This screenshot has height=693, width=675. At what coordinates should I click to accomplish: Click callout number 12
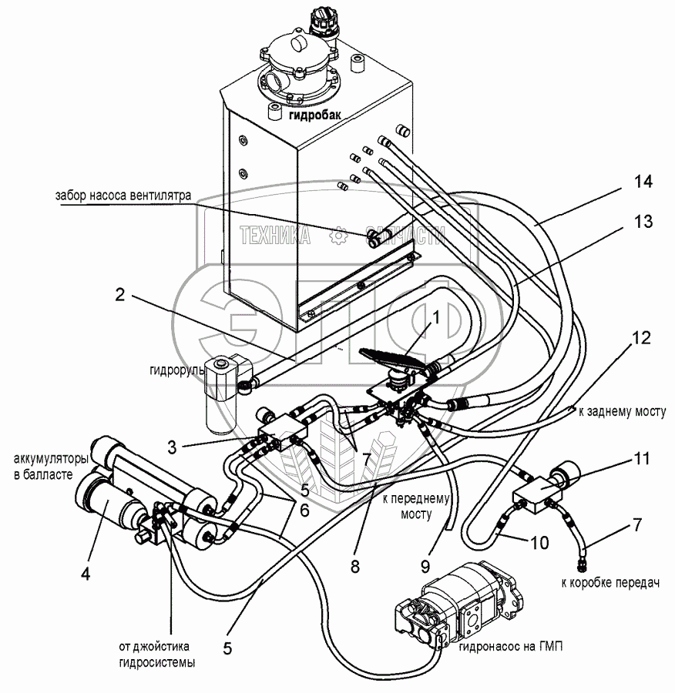642,337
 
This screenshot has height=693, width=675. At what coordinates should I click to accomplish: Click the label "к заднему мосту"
621,413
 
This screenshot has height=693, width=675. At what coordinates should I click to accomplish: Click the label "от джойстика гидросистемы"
154,654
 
